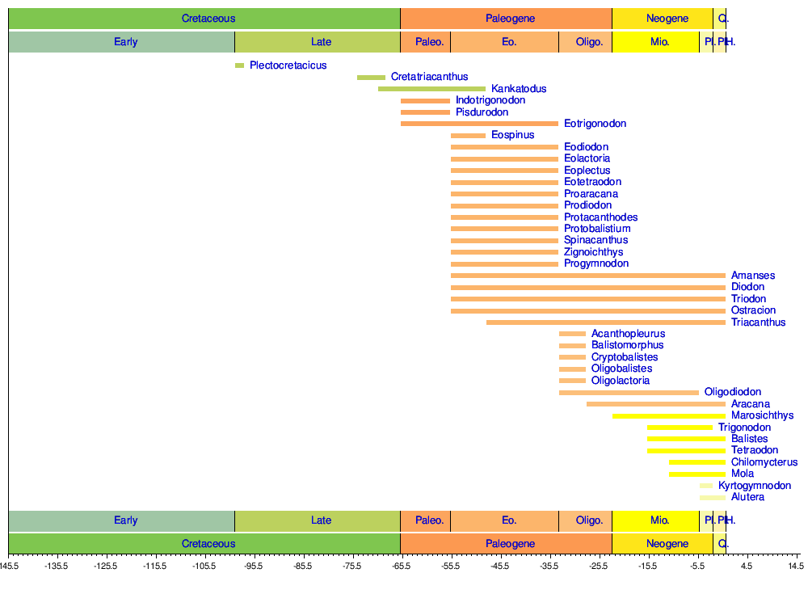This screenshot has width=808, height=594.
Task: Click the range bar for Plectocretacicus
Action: (x=239, y=65)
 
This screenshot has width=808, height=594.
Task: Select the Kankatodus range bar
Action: (x=432, y=89)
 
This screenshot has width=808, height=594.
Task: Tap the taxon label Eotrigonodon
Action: (x=595, y=124)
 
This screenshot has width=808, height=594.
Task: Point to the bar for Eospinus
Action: (x=469, y=136)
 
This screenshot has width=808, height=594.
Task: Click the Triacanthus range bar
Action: (x=606, y=322)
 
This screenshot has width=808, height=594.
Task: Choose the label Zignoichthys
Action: (x=593, y=252)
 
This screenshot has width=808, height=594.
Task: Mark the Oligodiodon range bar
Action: (x=629, y=393)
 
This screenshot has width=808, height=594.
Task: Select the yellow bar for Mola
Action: (x=697, y=474)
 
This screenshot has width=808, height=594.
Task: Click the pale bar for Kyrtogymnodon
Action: (x=706, y=486)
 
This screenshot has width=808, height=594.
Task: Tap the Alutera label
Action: (x=747, y=497)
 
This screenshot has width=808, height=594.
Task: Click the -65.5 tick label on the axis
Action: (x=401, y=567)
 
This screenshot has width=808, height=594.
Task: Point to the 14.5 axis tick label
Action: (x=795, y=567)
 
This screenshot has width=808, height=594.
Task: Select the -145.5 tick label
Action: (x=10, y=567)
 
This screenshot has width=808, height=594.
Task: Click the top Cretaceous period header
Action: (x=208, y=19)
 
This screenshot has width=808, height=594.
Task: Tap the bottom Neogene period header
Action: (x=667, y=544)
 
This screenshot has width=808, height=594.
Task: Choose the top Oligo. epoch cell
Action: (x=589, y=42)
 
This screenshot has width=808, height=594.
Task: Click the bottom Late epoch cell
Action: (x=321, y=520)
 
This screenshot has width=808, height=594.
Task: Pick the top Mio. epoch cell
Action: (x=659, y=42)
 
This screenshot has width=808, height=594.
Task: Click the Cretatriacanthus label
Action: (x=429, y=77)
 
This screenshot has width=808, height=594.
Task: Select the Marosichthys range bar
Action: (x=669, y=416)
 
